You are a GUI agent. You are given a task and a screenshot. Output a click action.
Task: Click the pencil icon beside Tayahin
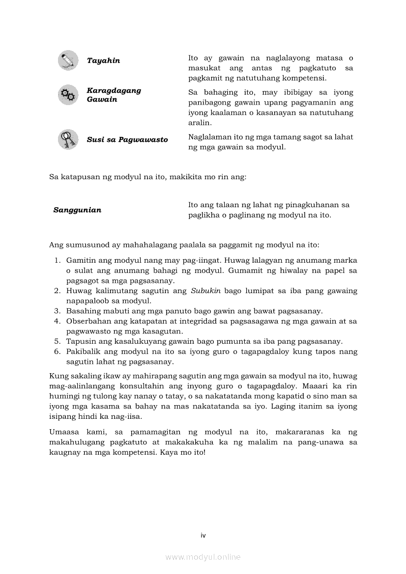67,60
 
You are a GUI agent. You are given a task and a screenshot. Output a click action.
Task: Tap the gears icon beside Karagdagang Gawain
67,95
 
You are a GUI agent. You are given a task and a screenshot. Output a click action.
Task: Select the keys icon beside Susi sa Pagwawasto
67,139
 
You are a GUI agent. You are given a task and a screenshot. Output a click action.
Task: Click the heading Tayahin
103,61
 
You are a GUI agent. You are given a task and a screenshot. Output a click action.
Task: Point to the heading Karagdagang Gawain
114,95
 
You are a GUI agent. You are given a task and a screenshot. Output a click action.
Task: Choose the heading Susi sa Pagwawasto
127,140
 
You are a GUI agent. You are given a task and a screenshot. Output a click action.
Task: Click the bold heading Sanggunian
77,210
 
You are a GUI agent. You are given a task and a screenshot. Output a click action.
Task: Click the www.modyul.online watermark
203,557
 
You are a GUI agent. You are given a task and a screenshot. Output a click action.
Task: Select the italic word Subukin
203,291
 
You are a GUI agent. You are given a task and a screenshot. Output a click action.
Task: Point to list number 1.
57,260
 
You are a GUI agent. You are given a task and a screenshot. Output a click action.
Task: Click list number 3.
57,311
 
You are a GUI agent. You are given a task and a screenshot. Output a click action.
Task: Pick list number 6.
57,352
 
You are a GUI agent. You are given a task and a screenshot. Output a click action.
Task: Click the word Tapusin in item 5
80,341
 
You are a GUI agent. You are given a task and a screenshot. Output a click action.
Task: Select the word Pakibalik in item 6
83,352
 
